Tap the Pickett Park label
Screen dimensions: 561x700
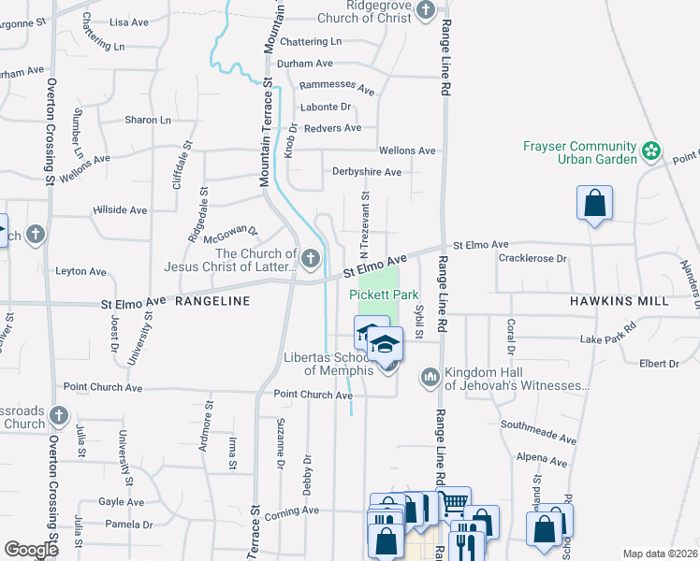[x=384, y=294]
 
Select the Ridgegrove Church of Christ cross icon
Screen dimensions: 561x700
[x=426, y=10]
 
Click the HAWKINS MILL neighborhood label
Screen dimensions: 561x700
[x=619, y=301]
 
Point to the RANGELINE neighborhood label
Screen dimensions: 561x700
[x=212, y=301]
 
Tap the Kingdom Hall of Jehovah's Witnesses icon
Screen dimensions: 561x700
[x=430, y=376]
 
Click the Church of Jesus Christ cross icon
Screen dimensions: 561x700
[x=310, y=258]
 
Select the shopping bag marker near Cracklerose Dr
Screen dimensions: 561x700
[x=594, y=204]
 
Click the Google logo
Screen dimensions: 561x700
[x=31, y=549]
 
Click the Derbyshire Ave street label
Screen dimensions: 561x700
[x=367, y=172]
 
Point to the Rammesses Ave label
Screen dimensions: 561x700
[x=337, y=87]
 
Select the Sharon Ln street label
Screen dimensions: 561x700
[x=148, y=121]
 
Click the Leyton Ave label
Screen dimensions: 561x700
[x=81, y=271]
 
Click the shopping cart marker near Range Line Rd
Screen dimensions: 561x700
[x=453, y=502]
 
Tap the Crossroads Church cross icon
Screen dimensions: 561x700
[x=59, y=414]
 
